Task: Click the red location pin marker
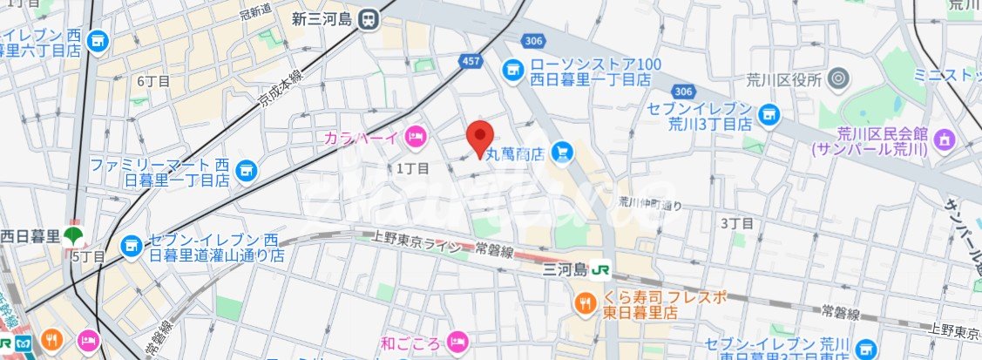480,138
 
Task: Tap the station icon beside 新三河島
369,18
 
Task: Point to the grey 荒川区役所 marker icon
838,79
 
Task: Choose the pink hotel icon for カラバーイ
416,136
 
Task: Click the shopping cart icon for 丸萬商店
562,153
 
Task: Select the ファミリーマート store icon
246,167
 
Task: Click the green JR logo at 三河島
600,270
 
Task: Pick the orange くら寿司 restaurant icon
583,303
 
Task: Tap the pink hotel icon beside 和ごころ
456,340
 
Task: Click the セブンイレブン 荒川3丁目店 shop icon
768,112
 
